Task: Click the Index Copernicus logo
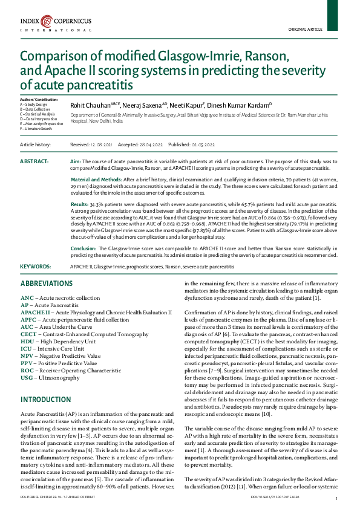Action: pyautogui.click(x=55, y=24)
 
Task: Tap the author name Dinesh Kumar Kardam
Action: pyautogui.click(x=242, y=105)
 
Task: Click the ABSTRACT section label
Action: pyautogui.click(x=34, y=162)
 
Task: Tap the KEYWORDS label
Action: pyautogui.click(x=36, y=266)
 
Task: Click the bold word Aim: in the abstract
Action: pyautogui.click(x=76, y=163)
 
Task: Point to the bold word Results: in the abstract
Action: pyautogui.click(x=81, y=206)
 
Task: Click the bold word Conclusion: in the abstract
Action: pyautogui.click(x=84, y=248)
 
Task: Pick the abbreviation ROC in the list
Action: pyautogui.click(x=27, y=370)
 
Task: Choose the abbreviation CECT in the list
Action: pyautogui.click(x=29, y=333)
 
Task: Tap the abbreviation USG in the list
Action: pyautogui.click(x=27, y=377)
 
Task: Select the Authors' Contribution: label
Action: pyautogui.click(x=39, y=99)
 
